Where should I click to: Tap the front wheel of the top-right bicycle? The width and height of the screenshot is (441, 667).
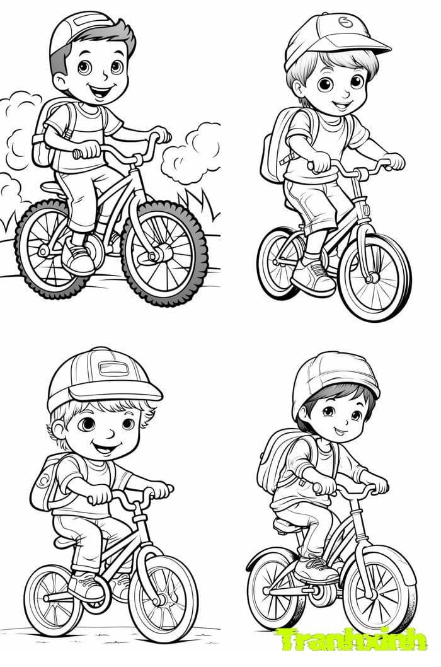[x=374, y=277]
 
